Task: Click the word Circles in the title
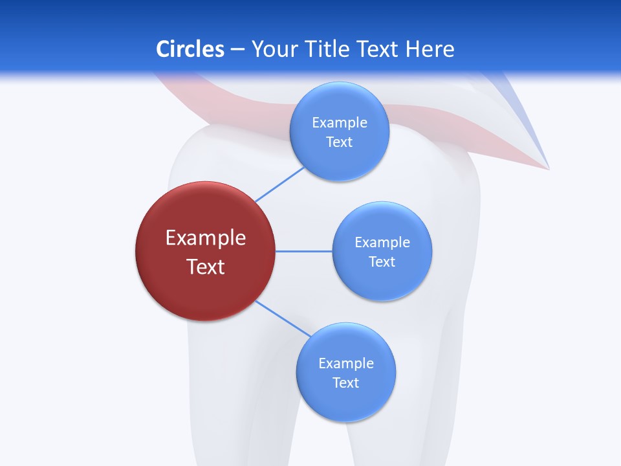pyautogui.click(x=190, y=49)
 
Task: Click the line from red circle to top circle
pyautogui.click(x=279, y=184)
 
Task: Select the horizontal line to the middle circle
pyautogui.click(x=304, y=251)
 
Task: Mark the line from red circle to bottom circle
pyautogui.click(x=283, y=318)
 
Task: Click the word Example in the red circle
pyautogui.click(x=206, y=238)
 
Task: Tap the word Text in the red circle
pyautogui.click(x=206, y=267)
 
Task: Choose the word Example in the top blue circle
pyautogui.click(x=339, y=122)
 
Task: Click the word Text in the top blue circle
pyautogui.click(x=339, y=142)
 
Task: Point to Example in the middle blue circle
pyautogui.click(x=382, y=242)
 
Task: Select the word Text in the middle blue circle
pyautogui.click(x=382, y=261)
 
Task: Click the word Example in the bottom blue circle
pyautogui.click(x=345, y=363)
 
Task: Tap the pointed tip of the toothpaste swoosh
pyautogui.click(x=548, y=169)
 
